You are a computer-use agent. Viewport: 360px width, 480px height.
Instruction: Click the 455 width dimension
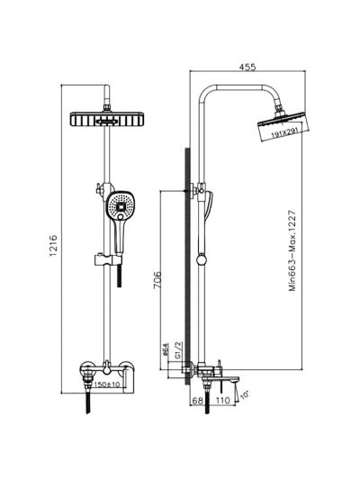(x=247, y=67)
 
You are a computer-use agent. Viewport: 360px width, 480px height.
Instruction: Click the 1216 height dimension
(x=54, y=246)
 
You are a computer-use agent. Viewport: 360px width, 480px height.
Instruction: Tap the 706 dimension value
(x=157, y=279)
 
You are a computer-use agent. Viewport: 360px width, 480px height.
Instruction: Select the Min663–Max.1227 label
(x=292, y=250)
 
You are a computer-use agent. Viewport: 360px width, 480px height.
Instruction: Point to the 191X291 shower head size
(x=283, y=132)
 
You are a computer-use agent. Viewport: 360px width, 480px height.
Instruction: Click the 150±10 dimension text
(x=107, y=385)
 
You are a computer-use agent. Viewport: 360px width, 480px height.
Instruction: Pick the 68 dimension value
(x=198, y=401)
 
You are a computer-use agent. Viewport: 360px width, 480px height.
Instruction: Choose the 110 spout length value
(x=222, y=401)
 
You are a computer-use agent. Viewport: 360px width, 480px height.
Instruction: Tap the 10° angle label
(x=245, y=394)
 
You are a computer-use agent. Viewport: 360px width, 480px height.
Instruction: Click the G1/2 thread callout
(x=178, y=349)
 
